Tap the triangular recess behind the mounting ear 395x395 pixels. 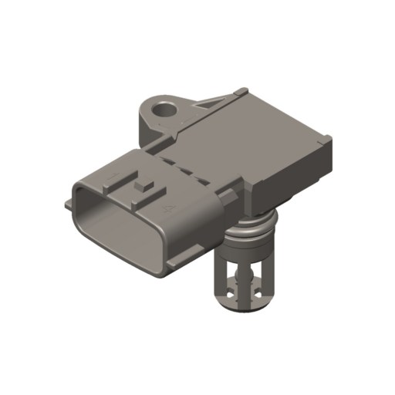[212, 103]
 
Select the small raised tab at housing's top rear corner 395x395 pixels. [242, 92]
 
